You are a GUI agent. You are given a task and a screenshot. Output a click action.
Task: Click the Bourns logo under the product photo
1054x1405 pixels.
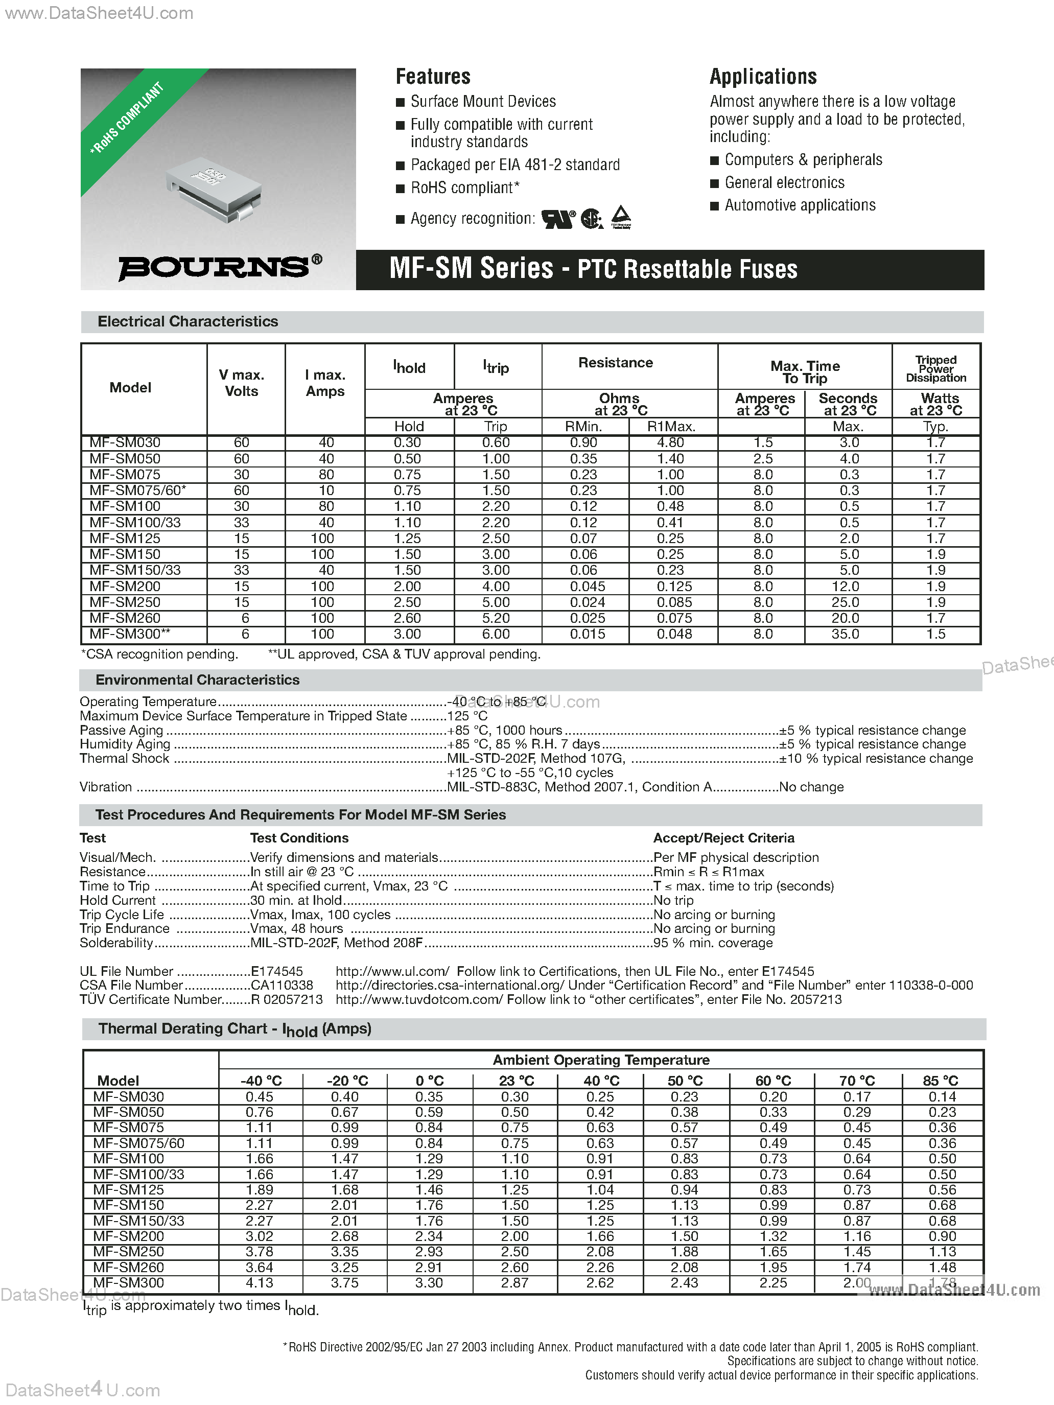[219, 267]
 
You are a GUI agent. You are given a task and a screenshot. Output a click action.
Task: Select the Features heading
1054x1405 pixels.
[433, 77]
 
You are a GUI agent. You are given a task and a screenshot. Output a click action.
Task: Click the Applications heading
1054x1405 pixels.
[762, 77]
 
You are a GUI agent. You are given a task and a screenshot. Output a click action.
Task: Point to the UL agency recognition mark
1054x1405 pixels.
[558, 219]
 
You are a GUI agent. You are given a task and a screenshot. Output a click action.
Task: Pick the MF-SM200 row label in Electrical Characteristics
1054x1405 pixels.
[125, 586]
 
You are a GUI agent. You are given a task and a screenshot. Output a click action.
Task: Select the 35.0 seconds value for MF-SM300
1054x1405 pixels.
[845, 634]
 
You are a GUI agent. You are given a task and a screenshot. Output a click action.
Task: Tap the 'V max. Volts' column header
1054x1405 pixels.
[242, 383]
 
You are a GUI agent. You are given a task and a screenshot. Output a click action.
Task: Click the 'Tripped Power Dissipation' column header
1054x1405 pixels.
[936, 369]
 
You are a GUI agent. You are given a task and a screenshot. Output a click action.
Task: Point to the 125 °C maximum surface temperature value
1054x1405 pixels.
[467, 716]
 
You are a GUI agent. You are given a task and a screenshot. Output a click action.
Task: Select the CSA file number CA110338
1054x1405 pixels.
[282, 985]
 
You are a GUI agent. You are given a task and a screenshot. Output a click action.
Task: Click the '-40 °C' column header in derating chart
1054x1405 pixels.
[261, 1081]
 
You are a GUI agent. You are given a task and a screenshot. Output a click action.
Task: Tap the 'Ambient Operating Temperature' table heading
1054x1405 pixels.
[600, 1060]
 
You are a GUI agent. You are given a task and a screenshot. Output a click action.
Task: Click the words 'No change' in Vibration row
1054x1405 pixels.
[811, 787]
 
